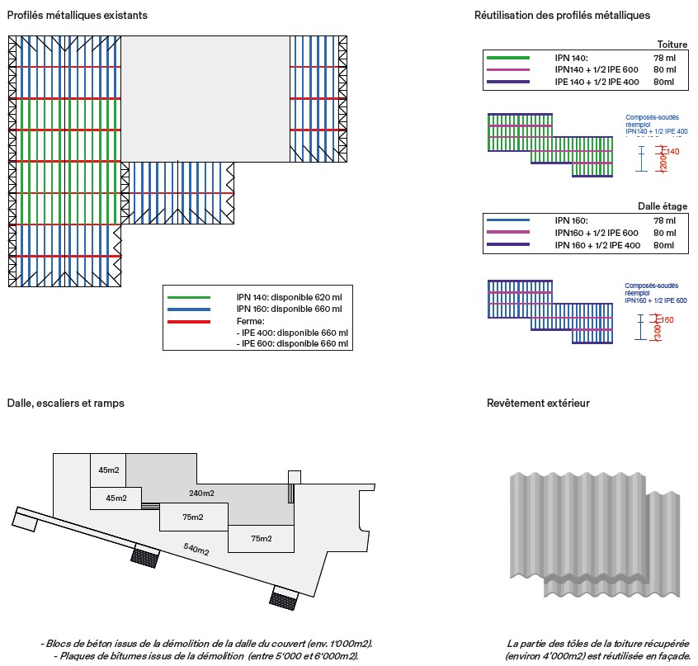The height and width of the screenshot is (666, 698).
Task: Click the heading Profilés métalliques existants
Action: point(67,15)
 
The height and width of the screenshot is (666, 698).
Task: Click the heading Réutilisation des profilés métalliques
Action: point(563,15)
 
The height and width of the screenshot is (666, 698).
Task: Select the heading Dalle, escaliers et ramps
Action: point(66,404)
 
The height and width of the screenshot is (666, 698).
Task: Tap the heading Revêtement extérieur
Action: point(538,404)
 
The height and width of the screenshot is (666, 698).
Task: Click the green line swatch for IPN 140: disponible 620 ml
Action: point(189,297)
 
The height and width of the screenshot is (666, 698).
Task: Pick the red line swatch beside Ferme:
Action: point(189,320)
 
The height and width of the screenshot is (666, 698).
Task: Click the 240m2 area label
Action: point(200,494)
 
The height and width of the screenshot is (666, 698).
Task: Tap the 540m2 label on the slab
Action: point(196,549)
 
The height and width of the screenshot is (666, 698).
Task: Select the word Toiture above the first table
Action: point(672,45)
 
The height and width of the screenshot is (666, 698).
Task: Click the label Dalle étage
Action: point(663,206)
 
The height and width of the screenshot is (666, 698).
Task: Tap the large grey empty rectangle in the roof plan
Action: point(205,97)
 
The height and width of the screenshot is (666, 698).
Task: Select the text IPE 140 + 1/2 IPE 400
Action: point(597,83)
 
